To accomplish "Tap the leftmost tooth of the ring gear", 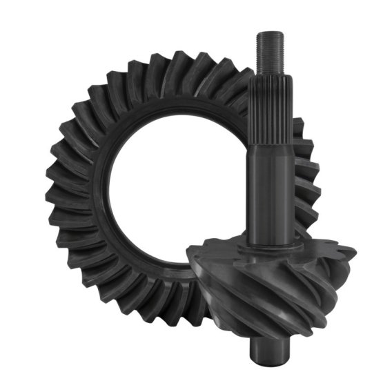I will click(x=50, y=200).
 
